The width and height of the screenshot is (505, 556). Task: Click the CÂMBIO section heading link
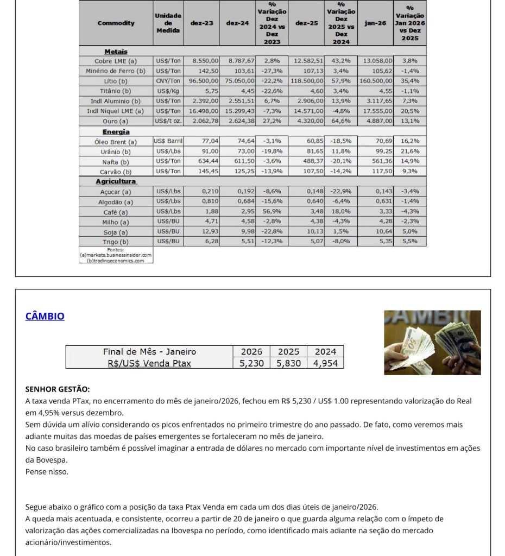click(45, 316)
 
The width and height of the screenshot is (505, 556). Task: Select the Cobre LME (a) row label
click(116, 61)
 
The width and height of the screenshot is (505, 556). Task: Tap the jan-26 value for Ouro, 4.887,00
click(376, 121)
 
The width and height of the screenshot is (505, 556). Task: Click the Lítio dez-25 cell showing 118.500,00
click(307, 81)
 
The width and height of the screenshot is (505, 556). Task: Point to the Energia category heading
click(116, 131)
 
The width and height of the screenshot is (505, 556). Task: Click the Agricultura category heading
click(116, 181)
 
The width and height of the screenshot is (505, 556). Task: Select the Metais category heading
click(116, 51)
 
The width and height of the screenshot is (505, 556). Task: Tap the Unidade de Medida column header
click(168, 23)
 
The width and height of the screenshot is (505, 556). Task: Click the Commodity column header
click(116, 23)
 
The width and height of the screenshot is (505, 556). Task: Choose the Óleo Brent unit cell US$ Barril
click(168, 142)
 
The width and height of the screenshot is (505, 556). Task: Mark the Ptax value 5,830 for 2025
click(288, 363)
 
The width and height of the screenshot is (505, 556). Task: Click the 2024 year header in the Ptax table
click(325, 351)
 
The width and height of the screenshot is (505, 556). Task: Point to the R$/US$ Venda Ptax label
click(149, 363)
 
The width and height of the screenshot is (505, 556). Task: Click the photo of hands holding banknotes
click(432, 342)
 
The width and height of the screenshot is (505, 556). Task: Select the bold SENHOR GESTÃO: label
click(58, 389)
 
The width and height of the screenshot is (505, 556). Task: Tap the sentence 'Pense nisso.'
click(47, 471)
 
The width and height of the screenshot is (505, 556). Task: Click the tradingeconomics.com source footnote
click(116, 260)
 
